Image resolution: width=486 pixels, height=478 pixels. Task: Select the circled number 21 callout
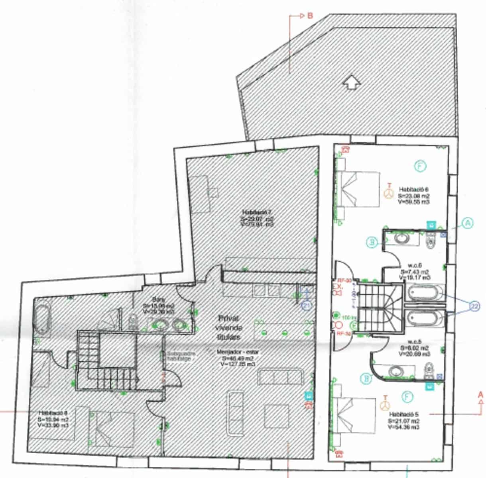click(x=307, y=305)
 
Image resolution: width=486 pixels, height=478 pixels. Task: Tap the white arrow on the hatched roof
click(x=352, y=82)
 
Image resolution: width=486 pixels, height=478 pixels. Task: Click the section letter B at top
click(x=310, y=16)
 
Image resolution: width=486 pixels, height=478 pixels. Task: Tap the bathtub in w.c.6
click(x=425, y=293)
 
